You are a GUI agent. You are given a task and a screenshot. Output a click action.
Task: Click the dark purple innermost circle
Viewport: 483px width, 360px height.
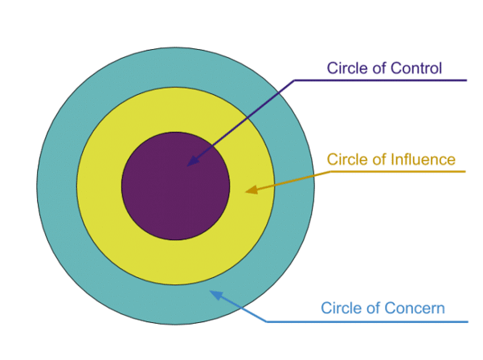click(161, 201)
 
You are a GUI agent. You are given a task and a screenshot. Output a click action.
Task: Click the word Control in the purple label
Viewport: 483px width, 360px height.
click(415, 68)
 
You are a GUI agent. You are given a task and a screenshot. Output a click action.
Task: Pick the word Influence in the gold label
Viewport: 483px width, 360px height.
click(423, 159)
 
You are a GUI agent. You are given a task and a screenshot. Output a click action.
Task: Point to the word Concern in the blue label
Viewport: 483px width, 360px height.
click(417, 308)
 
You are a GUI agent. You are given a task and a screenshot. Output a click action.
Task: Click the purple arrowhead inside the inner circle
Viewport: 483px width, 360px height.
click(190, 163)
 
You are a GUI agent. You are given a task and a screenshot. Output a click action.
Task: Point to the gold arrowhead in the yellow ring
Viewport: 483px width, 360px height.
click(251, 190)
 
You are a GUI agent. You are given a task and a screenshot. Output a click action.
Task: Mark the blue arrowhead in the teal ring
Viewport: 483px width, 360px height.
click(215, 294)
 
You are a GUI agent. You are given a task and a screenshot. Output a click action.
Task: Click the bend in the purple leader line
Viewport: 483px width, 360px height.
click(295, 80)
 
